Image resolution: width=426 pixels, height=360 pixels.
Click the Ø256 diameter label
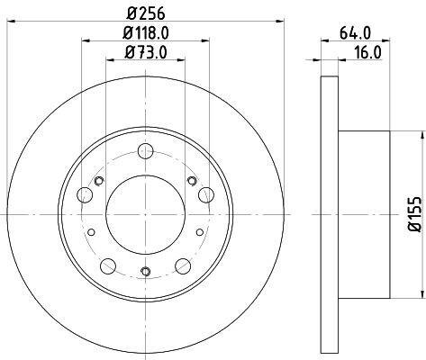point(145,13)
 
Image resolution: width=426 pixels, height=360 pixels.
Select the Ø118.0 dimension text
point(146,32)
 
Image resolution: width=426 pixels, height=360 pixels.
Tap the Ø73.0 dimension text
point(146,52)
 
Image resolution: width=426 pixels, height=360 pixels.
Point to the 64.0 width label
point(356,32)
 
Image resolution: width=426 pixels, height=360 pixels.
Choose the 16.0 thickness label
point(367,52)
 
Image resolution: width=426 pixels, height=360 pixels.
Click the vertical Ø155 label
point(415,214)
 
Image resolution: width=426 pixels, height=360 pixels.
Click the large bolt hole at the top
point(146,151)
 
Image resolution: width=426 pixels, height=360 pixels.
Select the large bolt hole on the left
point(85,194)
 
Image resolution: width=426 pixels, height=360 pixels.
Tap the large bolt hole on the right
point(206,194)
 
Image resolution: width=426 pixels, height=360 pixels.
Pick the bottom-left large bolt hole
point(108,265)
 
